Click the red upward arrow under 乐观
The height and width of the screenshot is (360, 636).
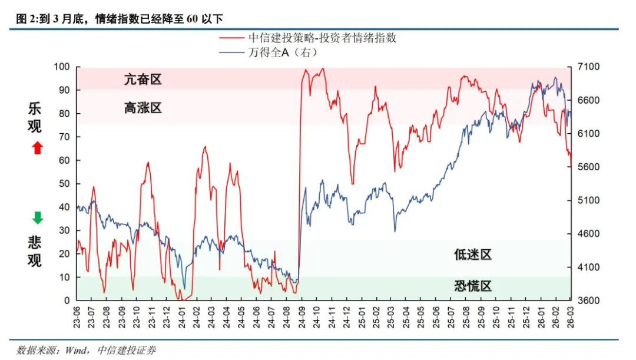(x=37, y=148)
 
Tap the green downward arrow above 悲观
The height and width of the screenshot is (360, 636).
(x=37, y=218)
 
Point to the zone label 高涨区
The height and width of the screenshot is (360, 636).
(x=143, y=108)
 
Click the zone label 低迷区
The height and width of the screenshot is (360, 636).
(x=472, y=255)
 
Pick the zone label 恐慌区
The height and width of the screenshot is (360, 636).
(x=472, y=286)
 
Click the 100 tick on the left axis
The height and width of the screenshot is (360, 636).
(x=62, y=67)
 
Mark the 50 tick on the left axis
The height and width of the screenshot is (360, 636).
(x=64, y=184)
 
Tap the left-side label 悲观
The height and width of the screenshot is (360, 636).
(x=36, y=251)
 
